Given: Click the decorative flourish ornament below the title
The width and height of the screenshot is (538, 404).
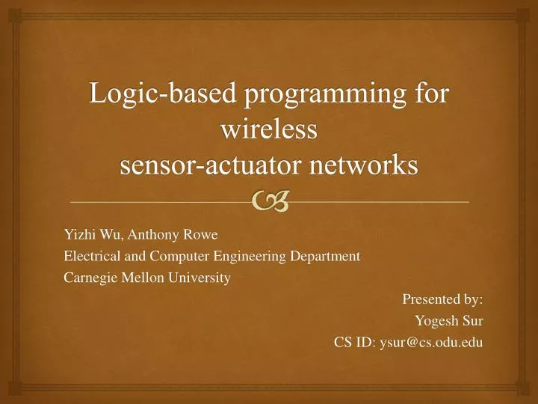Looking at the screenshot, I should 269,199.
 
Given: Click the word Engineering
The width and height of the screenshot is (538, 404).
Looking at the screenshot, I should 247,257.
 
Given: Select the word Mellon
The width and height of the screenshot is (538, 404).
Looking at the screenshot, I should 139,278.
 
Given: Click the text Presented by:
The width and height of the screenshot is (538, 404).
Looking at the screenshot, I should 442,299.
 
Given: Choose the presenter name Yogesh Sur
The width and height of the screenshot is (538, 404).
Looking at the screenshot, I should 448,321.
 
